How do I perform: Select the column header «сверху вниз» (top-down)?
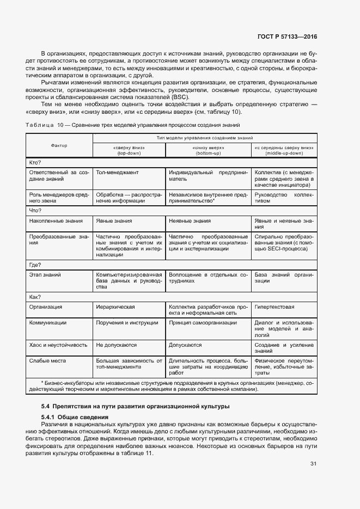pyautogui.click(x=129, y=150)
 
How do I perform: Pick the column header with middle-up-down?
pyautogui.click(x=283, y=150)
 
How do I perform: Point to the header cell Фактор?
pyautogui.click(x=59, y=146)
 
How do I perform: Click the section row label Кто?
pyautogui.click(x=35, y=162)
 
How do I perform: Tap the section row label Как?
pyautogui.click(x=35, y=297)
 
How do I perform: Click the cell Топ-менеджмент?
pyautogui.click(x=117, y=173)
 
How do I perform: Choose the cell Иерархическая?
pyautogui.click(x=115, y=307)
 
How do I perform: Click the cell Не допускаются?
pyautogui.click(x=116, y=345)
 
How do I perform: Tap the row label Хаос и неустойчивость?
pyautogui.click(x=58, y=345)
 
